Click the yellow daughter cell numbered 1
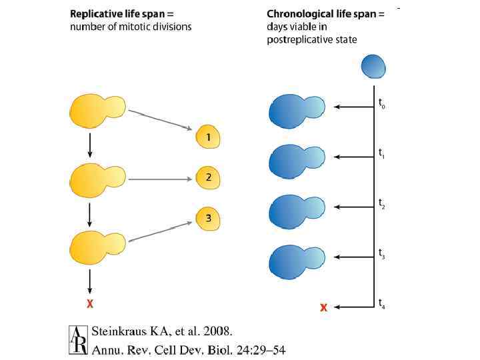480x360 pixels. click(208, 138)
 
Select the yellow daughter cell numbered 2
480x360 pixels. click(208, 178)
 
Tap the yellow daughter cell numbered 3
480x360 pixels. click(208, 218)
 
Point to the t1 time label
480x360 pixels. click(382, 153)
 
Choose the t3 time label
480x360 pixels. click(382, 253)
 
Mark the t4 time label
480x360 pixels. click(382, 303)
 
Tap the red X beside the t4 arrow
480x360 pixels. click(323, 307)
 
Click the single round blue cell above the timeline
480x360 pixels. click(373, 66)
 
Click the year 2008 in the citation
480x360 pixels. click(216, 331)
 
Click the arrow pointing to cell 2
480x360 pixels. click(160, 179)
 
